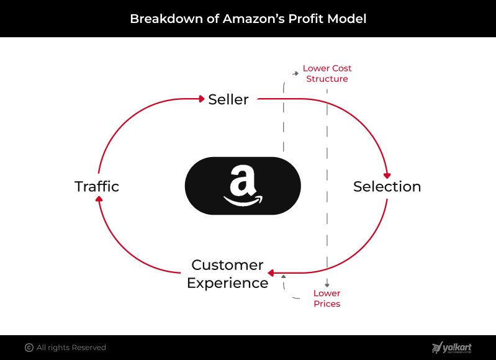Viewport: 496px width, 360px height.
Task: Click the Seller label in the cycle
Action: point(228,99)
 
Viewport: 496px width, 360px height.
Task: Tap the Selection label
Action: point(387,186)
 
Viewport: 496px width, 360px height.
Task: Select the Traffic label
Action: point(97,186)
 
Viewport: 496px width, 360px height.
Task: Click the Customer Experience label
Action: point(227,274)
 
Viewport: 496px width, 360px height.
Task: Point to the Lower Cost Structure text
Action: point(327,73)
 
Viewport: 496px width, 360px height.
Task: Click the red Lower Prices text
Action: point(327,299)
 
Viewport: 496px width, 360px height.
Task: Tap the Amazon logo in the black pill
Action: point(243,186)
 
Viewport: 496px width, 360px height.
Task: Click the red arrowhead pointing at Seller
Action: point(202,99)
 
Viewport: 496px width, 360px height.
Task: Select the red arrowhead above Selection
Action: point(387,176)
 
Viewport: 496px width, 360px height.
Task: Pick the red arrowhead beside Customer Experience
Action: point(271,272)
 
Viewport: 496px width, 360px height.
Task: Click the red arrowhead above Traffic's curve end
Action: point(99,199)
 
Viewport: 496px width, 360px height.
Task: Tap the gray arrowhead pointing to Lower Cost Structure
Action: point(296,73)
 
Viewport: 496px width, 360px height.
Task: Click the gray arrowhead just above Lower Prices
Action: point(327,285)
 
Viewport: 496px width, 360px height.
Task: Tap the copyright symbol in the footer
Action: point(29,348)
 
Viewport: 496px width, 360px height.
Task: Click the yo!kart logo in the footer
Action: point(452,348)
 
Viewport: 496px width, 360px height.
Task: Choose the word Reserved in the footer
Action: point(89,348)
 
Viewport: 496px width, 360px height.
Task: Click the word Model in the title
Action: point(346,19)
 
